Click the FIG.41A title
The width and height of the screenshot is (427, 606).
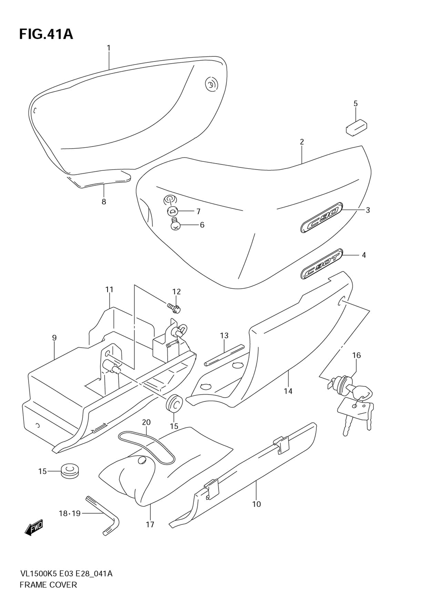46,34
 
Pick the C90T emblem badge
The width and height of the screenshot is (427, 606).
322,265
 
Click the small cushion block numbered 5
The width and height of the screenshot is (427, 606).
357,126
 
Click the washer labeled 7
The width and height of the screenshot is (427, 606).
173,211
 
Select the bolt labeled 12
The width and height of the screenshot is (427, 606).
174,306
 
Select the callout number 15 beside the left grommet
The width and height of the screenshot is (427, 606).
43,471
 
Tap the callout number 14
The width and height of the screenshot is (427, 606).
288,391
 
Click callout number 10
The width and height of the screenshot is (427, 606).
256,504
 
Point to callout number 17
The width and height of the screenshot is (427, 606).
150,524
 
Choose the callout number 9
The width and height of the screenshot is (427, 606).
54,338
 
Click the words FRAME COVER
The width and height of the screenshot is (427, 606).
48,585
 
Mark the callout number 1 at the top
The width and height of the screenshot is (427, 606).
108,48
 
